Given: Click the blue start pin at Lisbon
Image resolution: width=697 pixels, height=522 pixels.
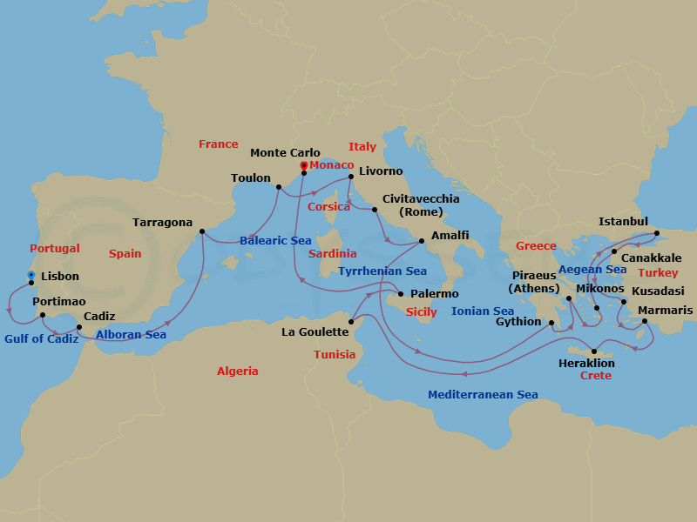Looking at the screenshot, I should tap(31, 276).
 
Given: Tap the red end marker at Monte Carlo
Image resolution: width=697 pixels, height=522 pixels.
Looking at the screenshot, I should tap(303, 165).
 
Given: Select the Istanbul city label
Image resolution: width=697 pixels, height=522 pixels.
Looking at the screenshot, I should tap(623, 222).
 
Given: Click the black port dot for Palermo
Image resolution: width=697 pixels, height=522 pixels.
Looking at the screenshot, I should tap(401, 293).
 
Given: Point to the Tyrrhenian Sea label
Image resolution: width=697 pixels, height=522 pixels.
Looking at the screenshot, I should tap(382, 271).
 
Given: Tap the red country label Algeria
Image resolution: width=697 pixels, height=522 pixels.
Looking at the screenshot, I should tap(238, 371).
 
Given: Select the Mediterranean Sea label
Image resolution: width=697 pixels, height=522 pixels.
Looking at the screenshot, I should tap(483, 395).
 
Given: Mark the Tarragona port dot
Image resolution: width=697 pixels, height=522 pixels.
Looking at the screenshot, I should tap(201, 231).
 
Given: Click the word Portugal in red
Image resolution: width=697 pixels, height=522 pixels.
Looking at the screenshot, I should tap(55, 249).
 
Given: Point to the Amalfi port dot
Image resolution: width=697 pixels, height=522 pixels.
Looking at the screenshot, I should tap(422, 241).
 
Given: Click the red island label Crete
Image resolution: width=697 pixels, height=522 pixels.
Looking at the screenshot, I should tap(595, 376).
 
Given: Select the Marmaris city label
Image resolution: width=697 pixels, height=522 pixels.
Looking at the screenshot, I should tap(666, 311).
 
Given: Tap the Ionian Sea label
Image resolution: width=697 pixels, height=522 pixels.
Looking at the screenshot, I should tap(483, 311).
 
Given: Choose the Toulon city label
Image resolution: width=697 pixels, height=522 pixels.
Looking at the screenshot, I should tap(251, 178).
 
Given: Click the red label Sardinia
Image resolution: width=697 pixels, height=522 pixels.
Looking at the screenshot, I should tap(333, 254).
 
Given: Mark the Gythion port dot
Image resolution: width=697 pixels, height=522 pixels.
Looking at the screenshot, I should tap(552, 322).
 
